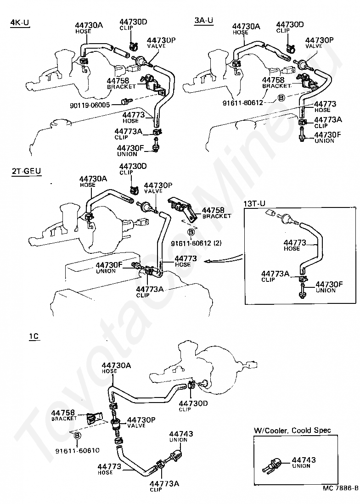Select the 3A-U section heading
coord(203,21)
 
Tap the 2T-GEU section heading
coord(26,171)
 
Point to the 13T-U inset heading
coord(254,203)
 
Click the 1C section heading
coord(34,336)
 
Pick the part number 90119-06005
coord(96,105)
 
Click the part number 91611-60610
coord(77,452)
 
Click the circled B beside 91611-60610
coord(78,436)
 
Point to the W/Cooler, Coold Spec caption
coord(292,431)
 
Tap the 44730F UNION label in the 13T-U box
coord(329,287)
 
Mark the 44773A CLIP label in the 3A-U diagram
coord(328,122)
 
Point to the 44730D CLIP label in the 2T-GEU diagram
coord(133,168)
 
